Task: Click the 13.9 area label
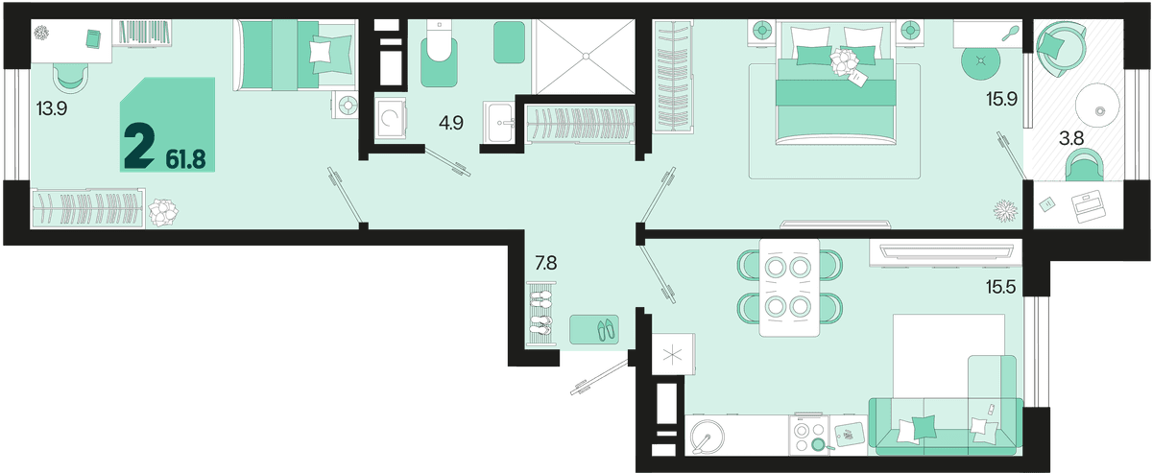coord(52,109)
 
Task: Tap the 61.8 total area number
coord(185,160)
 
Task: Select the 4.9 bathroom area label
coord(451,123)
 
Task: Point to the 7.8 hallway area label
coord(546,263)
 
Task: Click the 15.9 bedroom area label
coord(1002,99)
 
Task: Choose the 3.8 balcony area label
coord(1071,138)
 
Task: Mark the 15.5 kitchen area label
coord(1000,287)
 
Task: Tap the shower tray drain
coord(586,56)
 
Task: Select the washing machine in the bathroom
coord(391,119)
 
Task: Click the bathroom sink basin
coord(500,123)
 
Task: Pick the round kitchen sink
coord(708,436)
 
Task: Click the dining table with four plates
coord(789,288)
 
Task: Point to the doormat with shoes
coord(594,329)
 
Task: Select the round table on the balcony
coord(1097,105)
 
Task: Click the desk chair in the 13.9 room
coord(70,79)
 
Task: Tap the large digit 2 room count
coord(139,147)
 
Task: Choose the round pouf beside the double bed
coord(981,61)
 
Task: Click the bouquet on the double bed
coord(845,62)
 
